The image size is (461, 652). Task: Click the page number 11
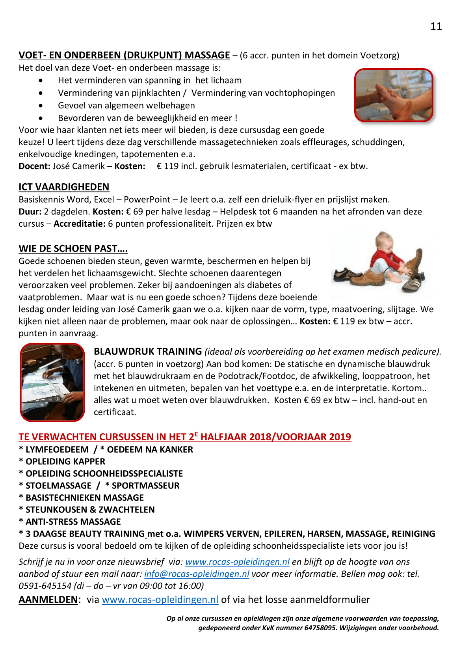436,26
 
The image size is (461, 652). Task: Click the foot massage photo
394,95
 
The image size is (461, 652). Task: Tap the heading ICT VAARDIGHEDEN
64,187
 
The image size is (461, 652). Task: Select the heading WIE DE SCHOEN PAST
73,248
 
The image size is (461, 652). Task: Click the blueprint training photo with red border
52,382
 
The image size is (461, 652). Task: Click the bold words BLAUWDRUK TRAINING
148,352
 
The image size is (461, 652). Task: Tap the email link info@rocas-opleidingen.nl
197,574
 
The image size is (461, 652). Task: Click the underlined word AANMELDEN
48,600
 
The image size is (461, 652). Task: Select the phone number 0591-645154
45,586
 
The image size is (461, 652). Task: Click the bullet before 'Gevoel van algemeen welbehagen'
41,106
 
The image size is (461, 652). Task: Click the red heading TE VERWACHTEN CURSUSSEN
185,437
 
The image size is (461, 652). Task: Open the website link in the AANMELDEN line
160,600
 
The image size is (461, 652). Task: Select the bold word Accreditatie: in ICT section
80,224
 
